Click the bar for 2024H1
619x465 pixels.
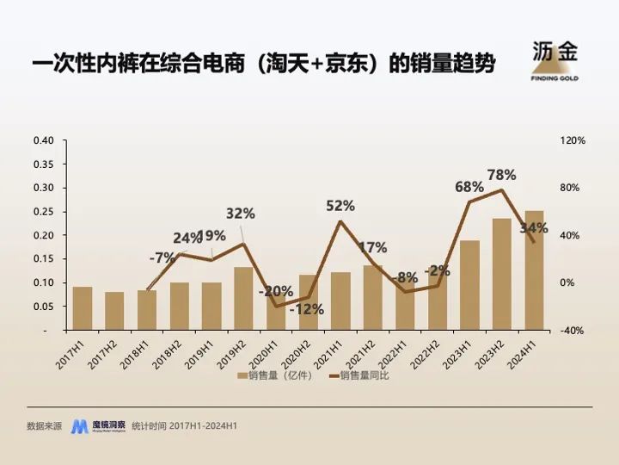pyautogui.click(x=534, y=270)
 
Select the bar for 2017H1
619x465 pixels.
pyautogui.click(x=83, y=308)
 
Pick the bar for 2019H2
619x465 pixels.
pyautogui.click(x=243, y=298)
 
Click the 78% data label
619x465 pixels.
pyautogui.click(x=501, y=175)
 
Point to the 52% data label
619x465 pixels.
pyautogui.click(x=340, y=206)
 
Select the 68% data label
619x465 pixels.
pyautogui.click(x=469, y=187)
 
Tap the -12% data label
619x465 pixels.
pyautogui.click(x=306, y=309)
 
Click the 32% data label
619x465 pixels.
pyautogui.click(x=241, y=214)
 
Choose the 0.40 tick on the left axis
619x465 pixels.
pyautogui.click(x=43, y=140)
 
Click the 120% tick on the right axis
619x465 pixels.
pyautogui.click(x=573, y=140)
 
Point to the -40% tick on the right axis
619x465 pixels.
pyautogui.click(x=573, y=330)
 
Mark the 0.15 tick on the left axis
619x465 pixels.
pyautogui.click(x=43, y=259)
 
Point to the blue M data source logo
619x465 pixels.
pyautogui.click(x=80, y=426)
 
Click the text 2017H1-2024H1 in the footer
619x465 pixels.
pyautogui.click(x=204, y=426)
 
